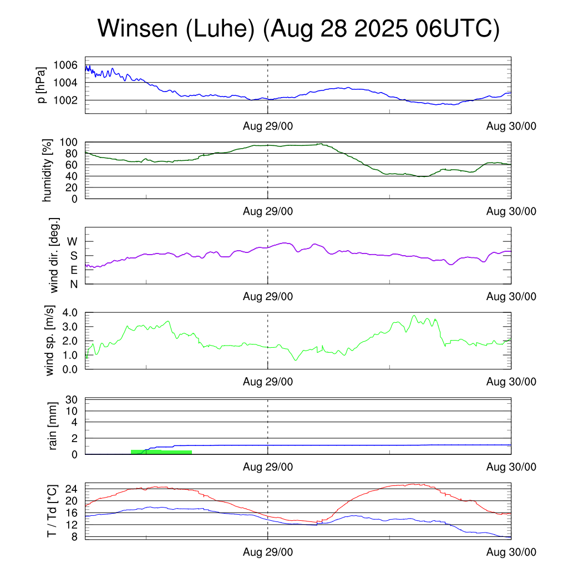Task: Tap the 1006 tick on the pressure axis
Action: (65, 65)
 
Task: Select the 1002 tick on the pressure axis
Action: (65, 100)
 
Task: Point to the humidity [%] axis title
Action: (48, 170)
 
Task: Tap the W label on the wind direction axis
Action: (73, 242)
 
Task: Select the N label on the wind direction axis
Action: (73, 284)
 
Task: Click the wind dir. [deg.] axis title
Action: (54, 255)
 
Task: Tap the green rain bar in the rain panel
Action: (161, 452)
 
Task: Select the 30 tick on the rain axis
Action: (72, 400)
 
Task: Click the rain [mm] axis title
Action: (54, 427)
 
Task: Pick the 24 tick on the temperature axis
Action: (72, 489)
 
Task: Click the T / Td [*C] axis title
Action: (51, 510)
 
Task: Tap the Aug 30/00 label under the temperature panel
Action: (511, 552)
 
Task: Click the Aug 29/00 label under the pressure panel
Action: (268, 126)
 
